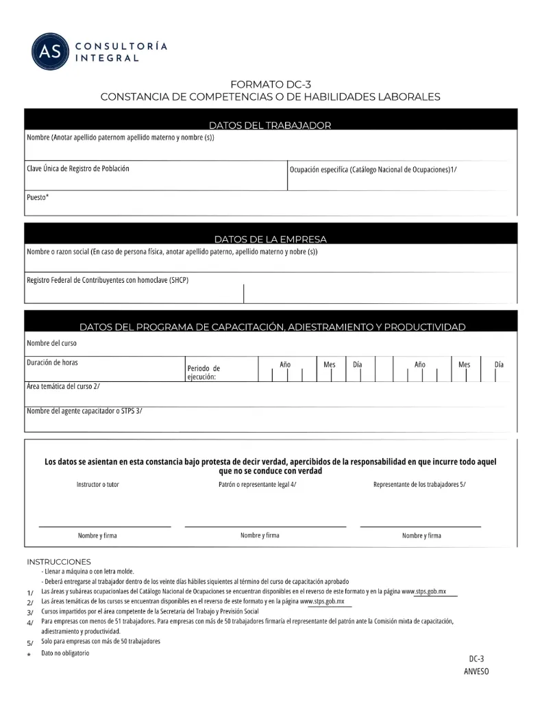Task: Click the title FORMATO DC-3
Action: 271,84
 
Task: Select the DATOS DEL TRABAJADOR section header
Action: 270,125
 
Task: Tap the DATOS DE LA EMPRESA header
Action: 270,240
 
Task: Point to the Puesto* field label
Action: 38,197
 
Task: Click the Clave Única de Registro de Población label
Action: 77,168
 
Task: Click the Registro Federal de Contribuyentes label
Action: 107,280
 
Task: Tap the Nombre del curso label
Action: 51,343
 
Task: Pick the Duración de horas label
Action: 58,363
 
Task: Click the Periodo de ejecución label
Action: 204,372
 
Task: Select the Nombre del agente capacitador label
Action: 84,411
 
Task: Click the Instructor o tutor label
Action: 97,485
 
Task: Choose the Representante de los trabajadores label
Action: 419,485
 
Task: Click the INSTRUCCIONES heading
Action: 59,562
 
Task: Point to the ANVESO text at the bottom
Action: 476,672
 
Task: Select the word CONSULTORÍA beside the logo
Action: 121,47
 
